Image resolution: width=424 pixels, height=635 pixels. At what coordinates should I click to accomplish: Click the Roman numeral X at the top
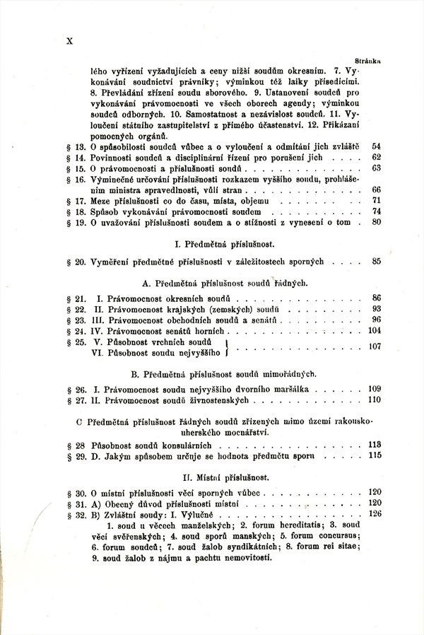point(69,40)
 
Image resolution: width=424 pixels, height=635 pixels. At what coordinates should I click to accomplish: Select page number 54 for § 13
point(376,146)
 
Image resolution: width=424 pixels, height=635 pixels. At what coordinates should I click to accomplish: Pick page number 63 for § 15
point(376,168)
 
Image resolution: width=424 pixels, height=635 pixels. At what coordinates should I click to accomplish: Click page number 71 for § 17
point(377,201)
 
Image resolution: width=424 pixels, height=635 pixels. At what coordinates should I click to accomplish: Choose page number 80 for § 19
point(377,223)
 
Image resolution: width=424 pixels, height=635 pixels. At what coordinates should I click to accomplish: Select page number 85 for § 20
point(376,262)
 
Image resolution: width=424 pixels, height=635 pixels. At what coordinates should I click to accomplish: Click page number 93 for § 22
point(376,310)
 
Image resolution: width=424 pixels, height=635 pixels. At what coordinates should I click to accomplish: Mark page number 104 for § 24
point(375,331)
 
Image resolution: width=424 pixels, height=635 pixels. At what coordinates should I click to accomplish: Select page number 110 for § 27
point(375,400)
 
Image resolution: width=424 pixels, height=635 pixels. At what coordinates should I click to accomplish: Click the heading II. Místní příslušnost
point(225,478)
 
